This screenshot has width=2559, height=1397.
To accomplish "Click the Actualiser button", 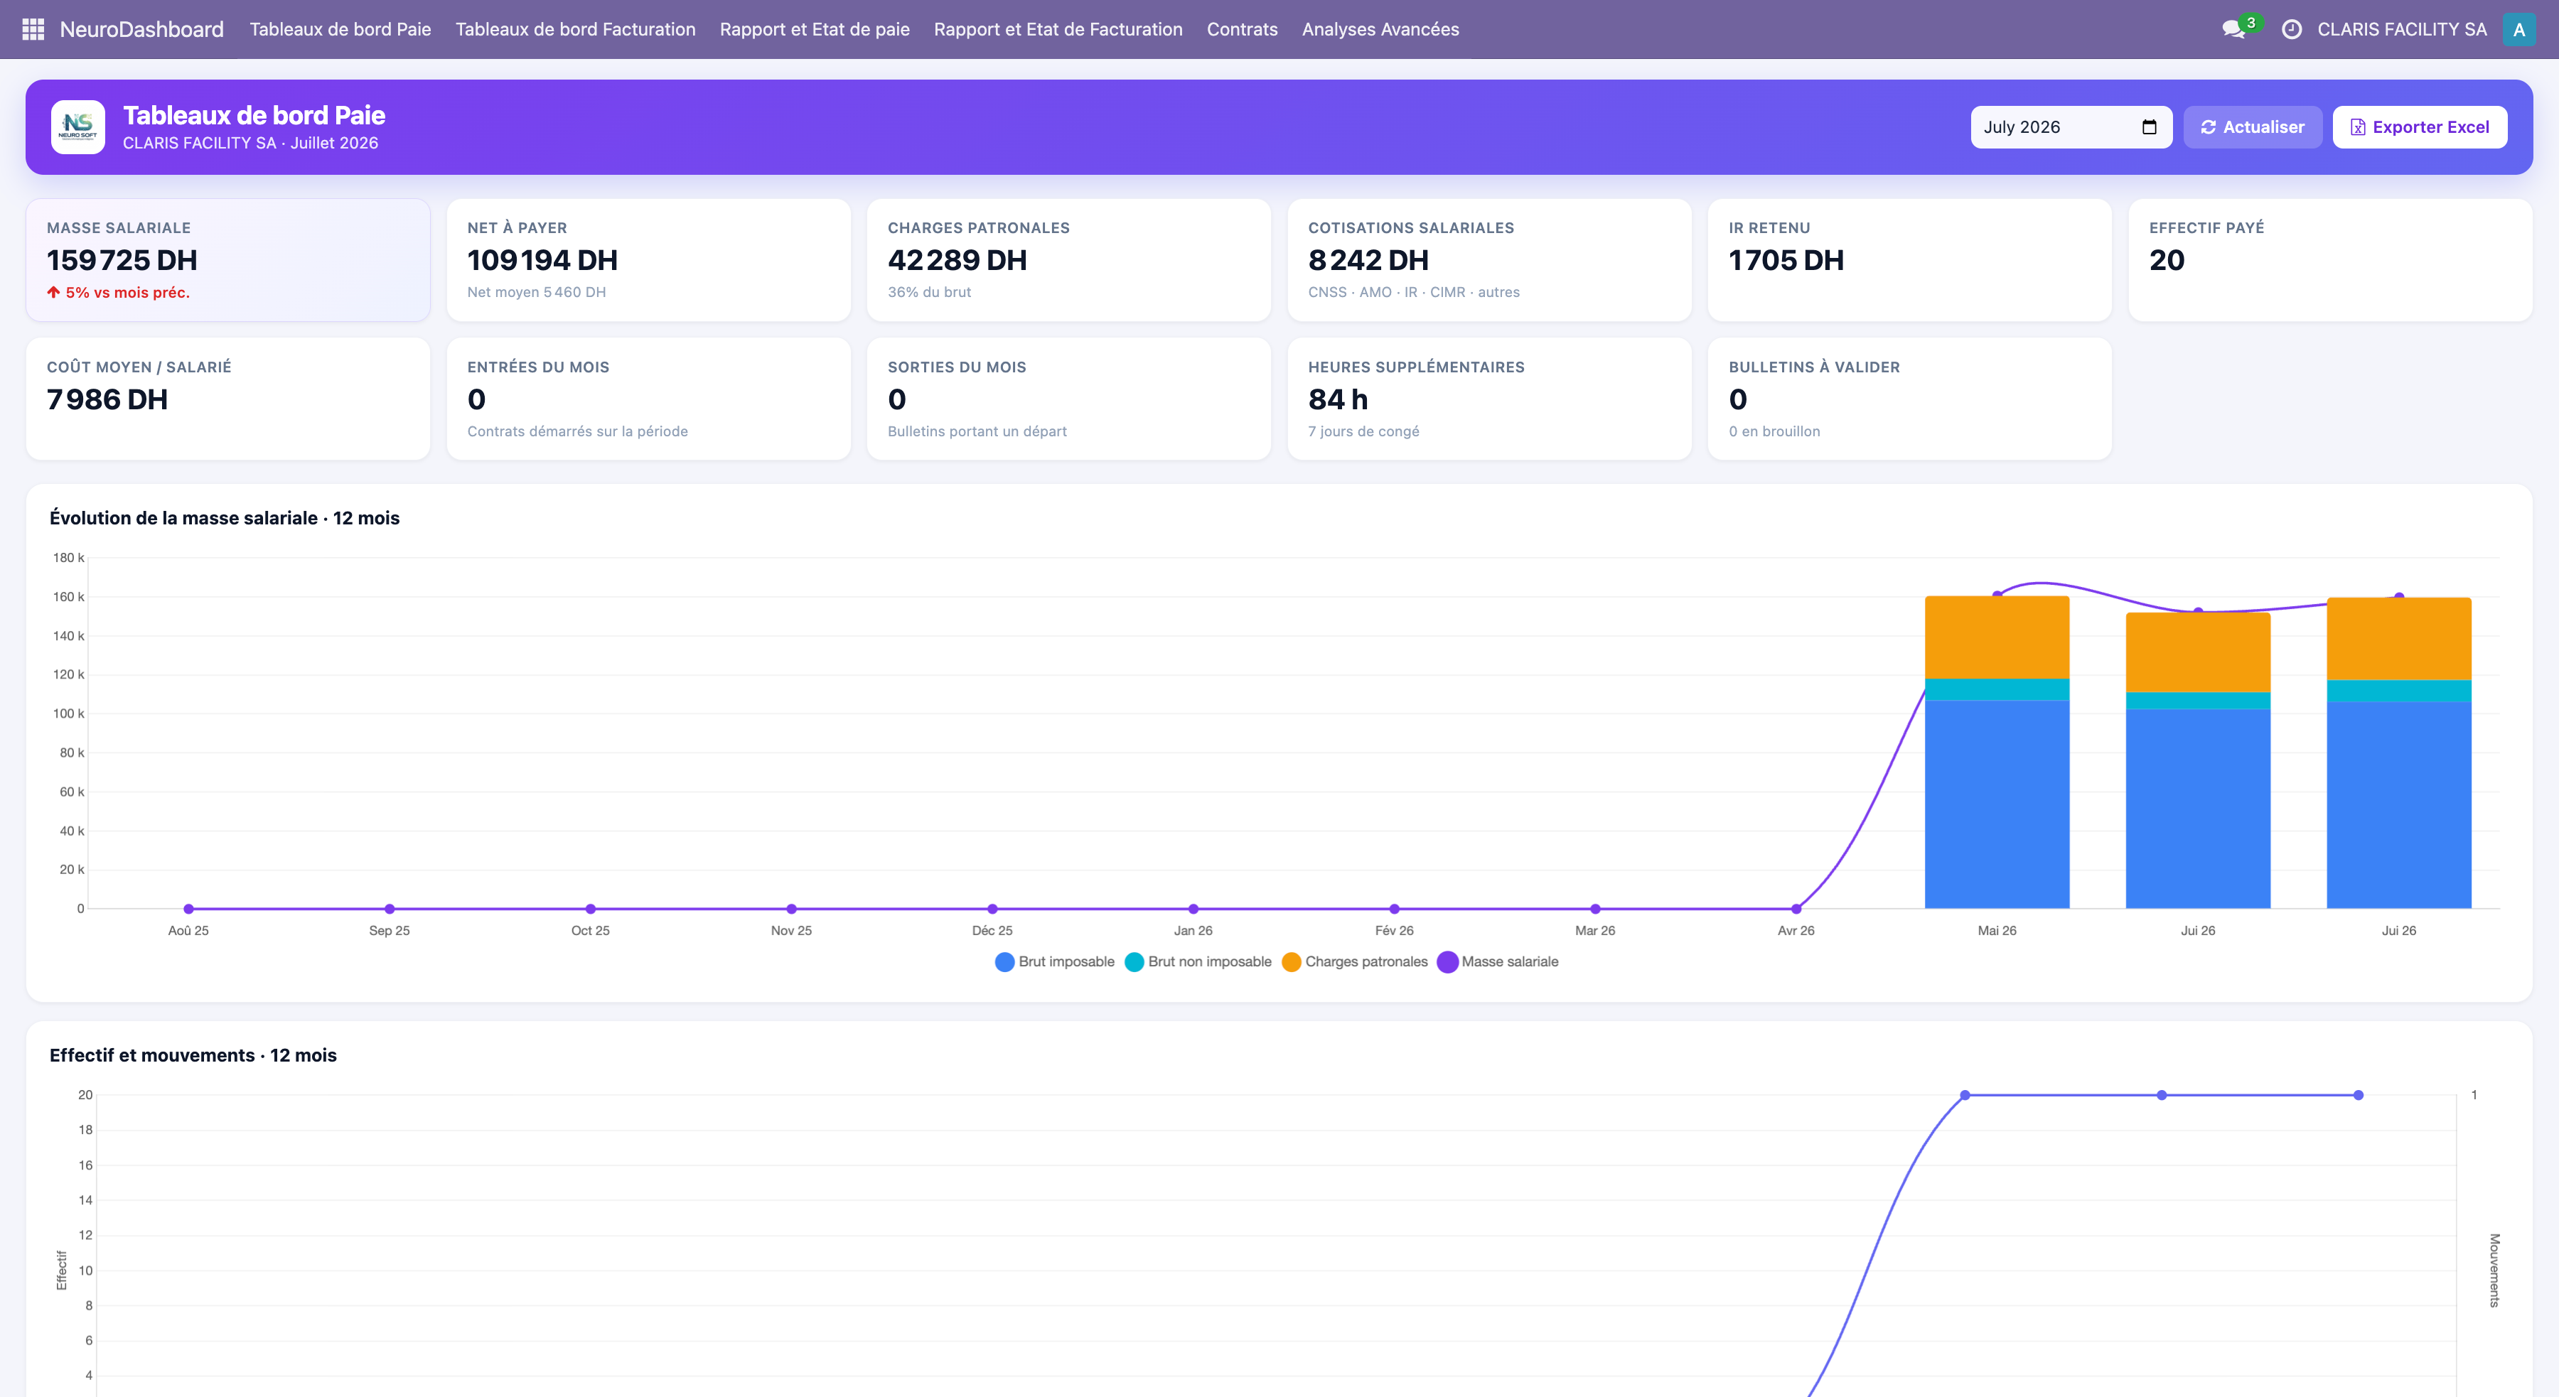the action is [2252, 127].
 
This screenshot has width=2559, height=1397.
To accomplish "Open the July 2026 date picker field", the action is [2070, 127].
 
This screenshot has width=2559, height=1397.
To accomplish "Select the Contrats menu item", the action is [1242, 29].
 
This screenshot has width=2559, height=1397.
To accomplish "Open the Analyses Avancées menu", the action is [1380, 29].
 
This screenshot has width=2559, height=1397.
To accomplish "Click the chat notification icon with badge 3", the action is [2235, 29].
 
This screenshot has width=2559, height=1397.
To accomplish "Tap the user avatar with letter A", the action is [2518, 30].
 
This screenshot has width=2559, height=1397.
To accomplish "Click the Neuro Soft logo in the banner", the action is [77, 127].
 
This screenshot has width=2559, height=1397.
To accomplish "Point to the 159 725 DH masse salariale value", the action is [122, 260].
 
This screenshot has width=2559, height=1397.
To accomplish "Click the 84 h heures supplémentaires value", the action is [1338, 399].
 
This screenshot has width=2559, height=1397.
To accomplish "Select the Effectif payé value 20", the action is [2167, 260].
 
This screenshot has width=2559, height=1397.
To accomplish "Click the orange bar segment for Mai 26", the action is [1997, 637].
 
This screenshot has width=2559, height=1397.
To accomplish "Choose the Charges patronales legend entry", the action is [1355, 961].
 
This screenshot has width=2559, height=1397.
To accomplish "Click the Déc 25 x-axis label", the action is [992, 930].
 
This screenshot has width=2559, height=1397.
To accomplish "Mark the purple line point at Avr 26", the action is [1796, 909].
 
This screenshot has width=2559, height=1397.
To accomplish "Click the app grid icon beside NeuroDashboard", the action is [33, 30].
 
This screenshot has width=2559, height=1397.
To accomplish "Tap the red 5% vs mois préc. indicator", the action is [118, 292].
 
